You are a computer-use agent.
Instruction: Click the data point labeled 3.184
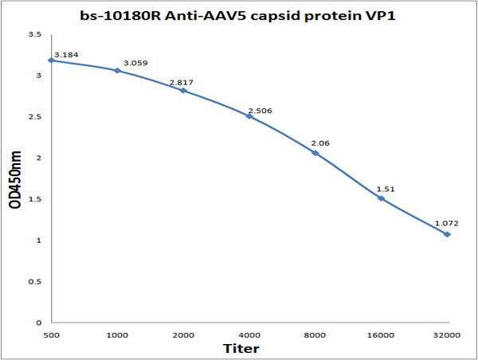(x=51, y=61)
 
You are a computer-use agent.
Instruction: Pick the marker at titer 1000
(x=117, y=71)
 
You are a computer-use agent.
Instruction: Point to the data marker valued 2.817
(x=183, y=91)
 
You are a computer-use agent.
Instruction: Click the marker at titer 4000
(x=249, y=116)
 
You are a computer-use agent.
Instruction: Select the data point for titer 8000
(x=315, y=153)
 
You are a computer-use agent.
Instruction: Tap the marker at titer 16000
(x=382, y=198)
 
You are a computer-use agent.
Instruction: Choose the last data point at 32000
(x=448, y=234)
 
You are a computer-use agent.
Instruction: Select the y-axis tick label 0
(x=38, y=323)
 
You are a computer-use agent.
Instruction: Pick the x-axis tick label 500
(x=51, y=335)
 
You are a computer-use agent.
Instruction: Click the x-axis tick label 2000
(x=183, y=335)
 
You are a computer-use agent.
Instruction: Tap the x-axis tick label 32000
(x=448, y=335)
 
